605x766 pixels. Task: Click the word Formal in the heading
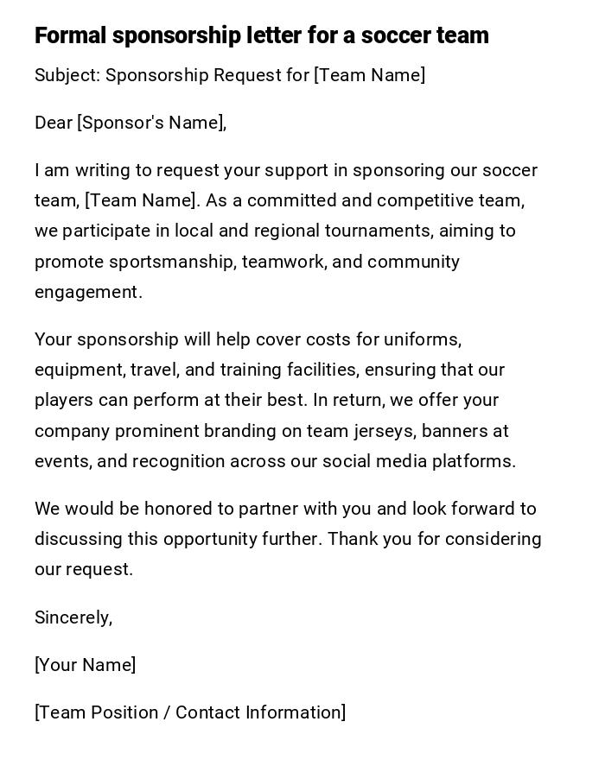[70, 35]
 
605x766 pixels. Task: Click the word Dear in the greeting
[54, 123]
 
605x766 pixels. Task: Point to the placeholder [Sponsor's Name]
[152, 123]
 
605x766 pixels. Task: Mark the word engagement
[87, 293]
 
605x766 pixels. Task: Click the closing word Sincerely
[73, 617]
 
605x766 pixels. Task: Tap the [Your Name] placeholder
[85, 665]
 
